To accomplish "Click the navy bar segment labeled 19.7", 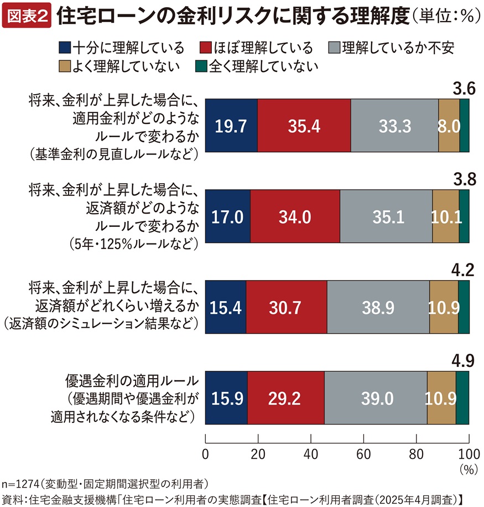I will tap(231, 126).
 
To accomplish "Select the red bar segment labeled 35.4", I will tap(304, 126).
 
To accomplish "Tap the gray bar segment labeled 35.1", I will tap(386, 216).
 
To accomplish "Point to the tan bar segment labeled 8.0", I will tap(449, 126).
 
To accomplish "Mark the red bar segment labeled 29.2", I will tap(285, 398).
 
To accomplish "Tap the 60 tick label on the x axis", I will tap(363, 454).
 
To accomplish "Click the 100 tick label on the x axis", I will tap(469, 454).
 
